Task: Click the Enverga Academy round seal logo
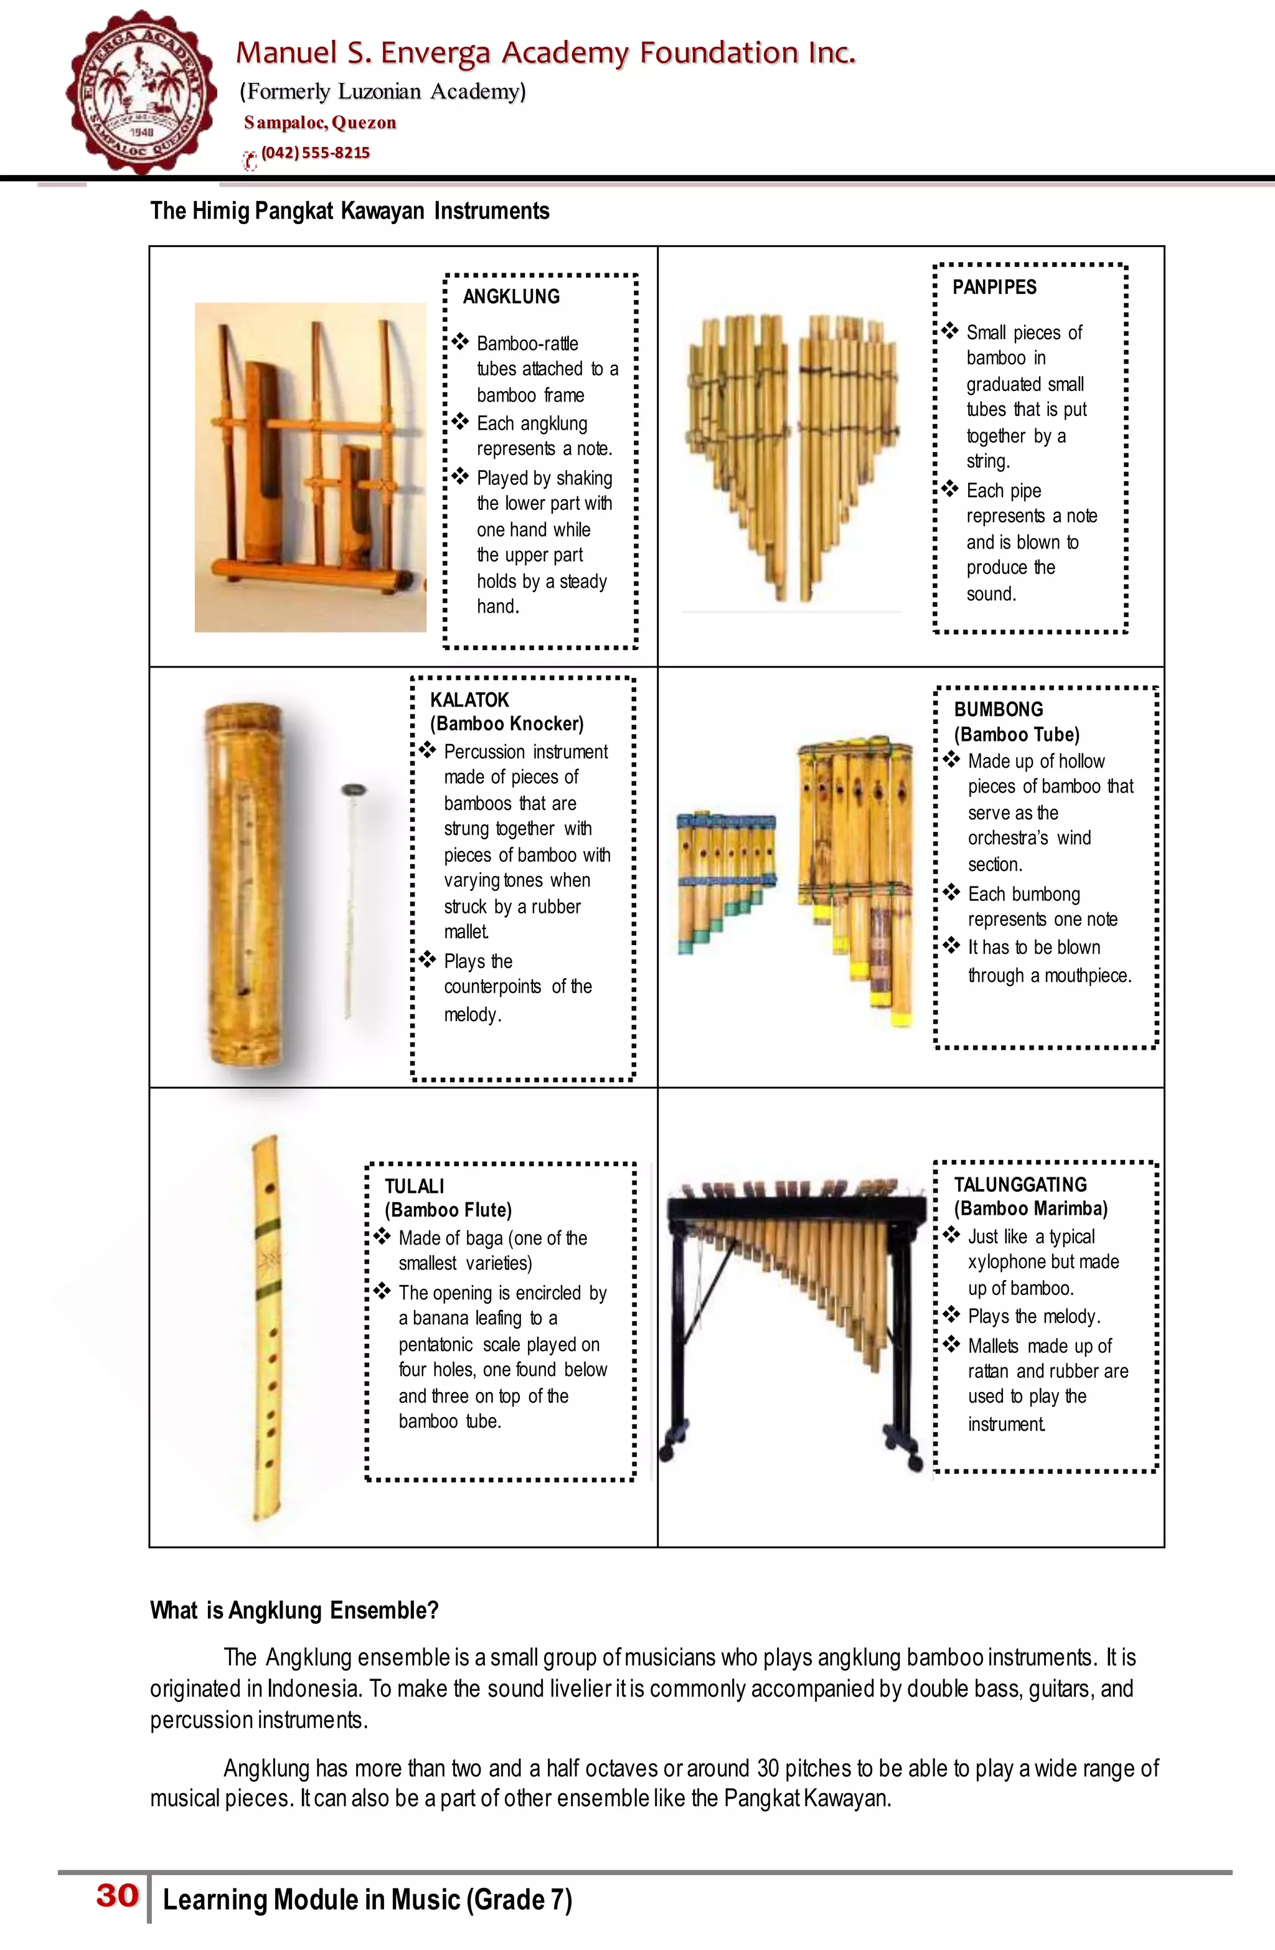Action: pos(142,92)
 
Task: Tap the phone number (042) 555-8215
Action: pos(316,153)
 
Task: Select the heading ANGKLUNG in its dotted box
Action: pos(511,296)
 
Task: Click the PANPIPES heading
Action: pos(994,288)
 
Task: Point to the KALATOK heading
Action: pos(469,700)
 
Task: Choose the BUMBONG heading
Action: pos(998,710)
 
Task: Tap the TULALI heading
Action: pos(415,1185)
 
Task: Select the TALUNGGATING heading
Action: pos(1020,1184)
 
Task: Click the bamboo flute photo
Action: pos(266,1327)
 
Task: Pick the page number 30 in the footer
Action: pos(117,1895)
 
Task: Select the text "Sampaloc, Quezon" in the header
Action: pos(319,123)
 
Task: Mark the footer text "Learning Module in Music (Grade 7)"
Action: pos(367,1899)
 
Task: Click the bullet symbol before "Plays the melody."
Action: pos(951,1315)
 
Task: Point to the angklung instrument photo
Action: pos(311,467)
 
